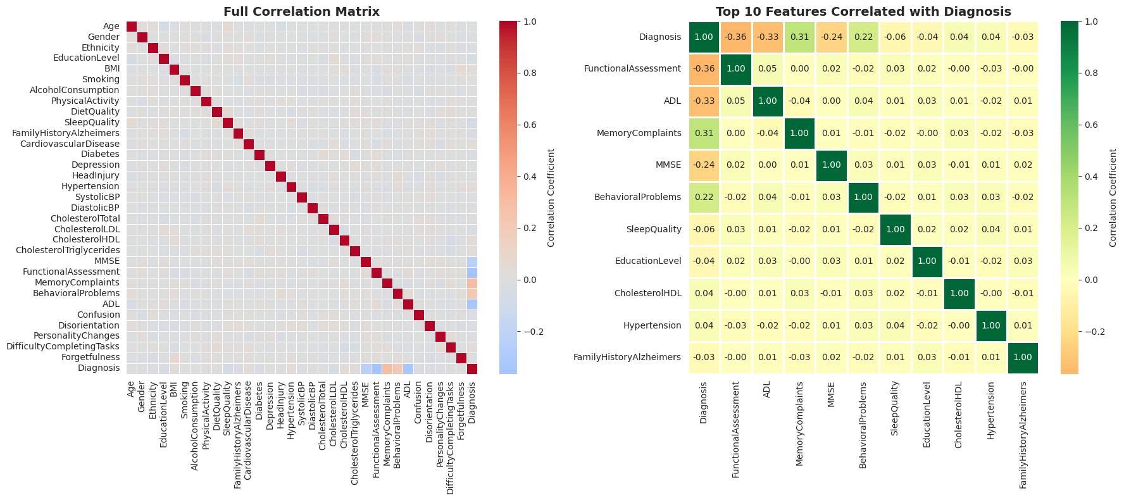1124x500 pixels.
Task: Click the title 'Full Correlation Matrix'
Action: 301,11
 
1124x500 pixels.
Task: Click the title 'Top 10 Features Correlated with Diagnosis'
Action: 863,11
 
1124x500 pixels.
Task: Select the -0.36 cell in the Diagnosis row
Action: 736,37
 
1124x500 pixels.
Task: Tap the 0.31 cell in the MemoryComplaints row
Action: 704,133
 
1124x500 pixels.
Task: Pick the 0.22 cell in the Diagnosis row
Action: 863,37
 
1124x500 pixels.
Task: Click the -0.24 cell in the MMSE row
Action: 704,165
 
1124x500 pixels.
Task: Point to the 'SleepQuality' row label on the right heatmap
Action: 654,229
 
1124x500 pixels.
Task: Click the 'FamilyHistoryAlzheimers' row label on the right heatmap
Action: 627,357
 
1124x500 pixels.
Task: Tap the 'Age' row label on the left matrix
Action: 111,26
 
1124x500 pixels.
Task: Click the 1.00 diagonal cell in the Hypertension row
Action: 990,325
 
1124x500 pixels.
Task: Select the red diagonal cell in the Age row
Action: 132,26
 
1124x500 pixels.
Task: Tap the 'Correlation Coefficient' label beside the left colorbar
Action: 551,197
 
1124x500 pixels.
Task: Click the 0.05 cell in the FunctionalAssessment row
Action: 768,69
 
